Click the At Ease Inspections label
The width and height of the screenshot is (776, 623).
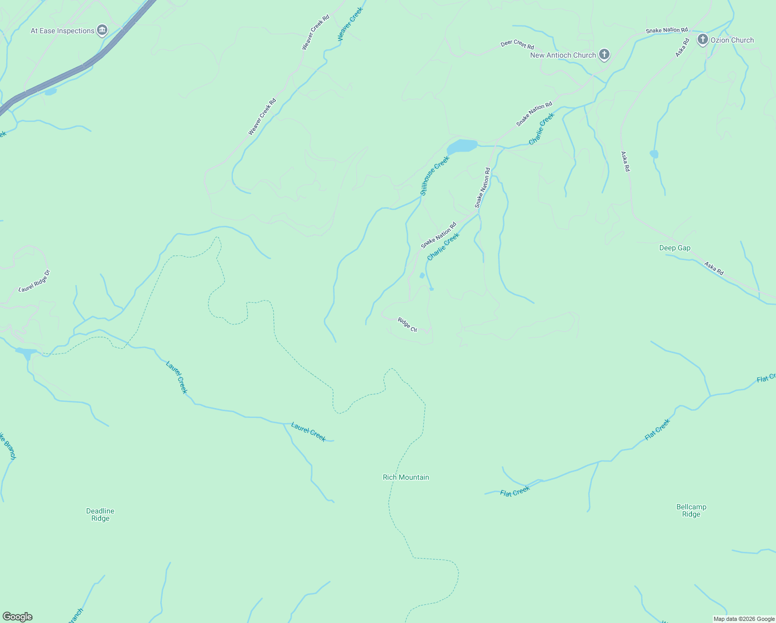coord(62,31)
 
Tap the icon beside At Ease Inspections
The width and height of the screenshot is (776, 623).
coord(102,30)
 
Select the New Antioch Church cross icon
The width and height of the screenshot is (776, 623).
coord(604,54)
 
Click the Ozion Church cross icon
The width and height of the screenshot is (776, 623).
coord(702,39)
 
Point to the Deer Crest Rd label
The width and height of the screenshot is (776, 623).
coord(517,44)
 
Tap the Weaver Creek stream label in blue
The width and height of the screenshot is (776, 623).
coord(350,24)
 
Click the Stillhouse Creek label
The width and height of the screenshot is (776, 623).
coord(434,175)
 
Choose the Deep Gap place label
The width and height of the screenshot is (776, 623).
coord(674,248)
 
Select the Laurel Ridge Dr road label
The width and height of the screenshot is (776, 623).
coord(34,281)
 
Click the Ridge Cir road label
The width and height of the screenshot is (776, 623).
coord(407,324)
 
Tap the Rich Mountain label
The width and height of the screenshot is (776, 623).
coord(406,477)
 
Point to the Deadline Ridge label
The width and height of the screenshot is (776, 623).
coord(100,514)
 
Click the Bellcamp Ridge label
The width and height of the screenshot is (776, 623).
coord(691,510)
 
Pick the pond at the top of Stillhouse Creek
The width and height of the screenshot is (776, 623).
coord(462,146)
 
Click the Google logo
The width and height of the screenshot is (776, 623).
coord(18,617)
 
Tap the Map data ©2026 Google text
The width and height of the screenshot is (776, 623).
coord(743,619)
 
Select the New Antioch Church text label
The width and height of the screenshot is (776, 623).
coord(563,55)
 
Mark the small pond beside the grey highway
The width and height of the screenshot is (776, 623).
coord(50,92)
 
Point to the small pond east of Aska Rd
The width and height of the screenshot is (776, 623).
coord(654,154)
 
